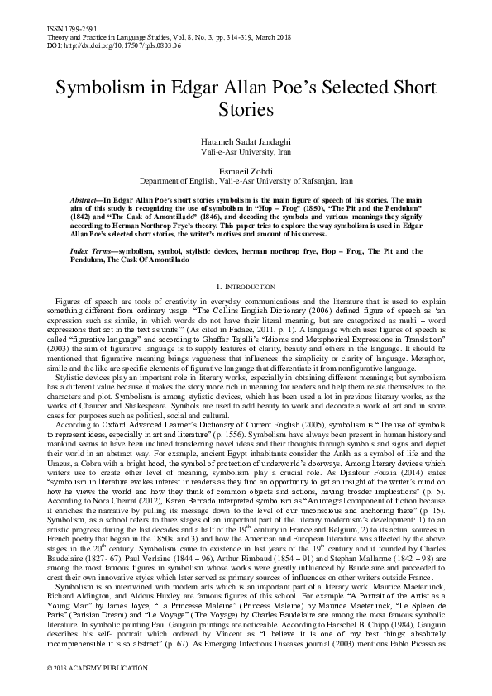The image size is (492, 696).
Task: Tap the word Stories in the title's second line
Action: point(246,108)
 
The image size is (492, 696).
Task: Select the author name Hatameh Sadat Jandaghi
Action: point(246,144)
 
